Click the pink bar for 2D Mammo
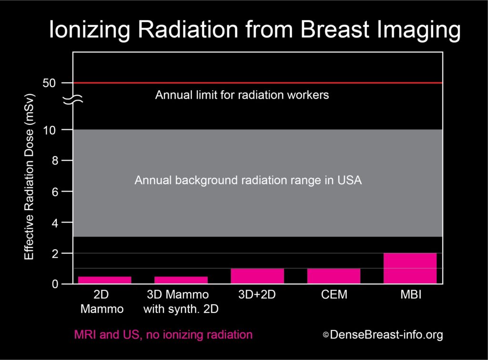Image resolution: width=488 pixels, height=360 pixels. coord(104,280)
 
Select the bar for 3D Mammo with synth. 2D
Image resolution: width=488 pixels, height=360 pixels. coord(181,280)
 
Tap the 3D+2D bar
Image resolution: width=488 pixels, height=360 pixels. coord(257,276)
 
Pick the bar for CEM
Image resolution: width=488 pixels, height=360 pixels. coord(333,276)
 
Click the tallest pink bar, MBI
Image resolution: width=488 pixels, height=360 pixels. coord(410,268)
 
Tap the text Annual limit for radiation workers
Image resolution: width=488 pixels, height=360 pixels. coord(242,95)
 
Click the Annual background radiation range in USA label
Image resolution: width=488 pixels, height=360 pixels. coord(248,181)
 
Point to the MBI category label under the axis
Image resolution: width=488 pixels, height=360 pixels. coord(410,295)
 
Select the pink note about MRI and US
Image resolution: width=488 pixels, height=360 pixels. coord(163,335)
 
